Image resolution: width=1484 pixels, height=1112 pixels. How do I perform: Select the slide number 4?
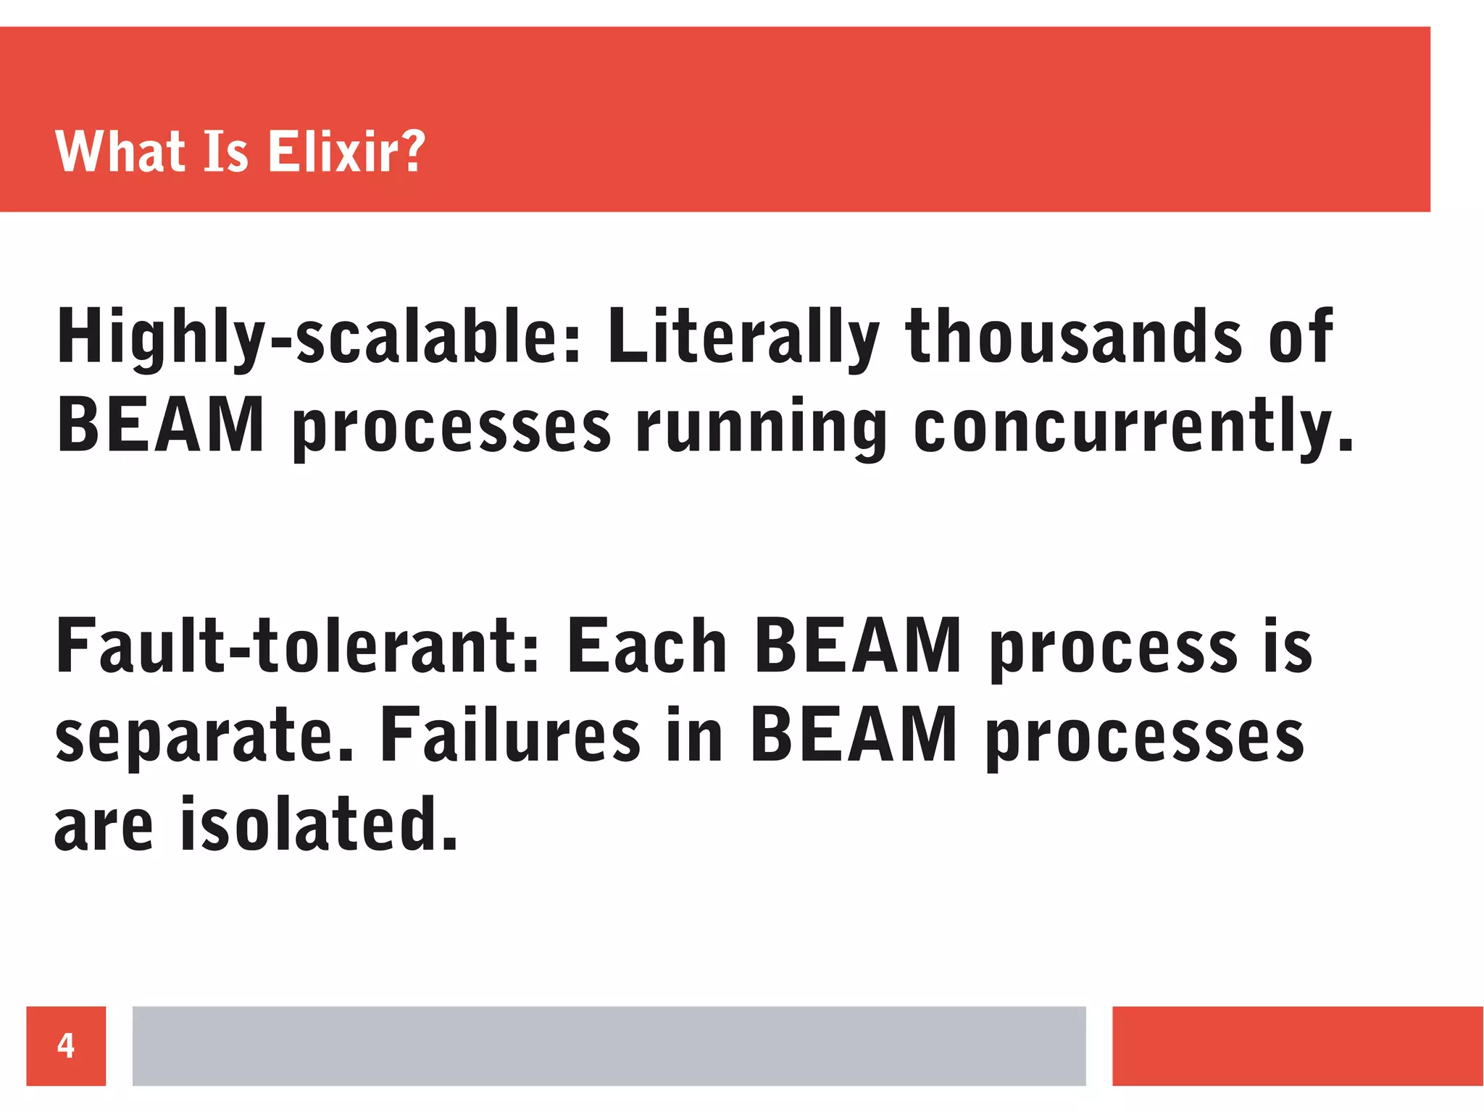(x=66, y=1045)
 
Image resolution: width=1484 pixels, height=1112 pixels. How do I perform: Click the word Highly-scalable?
(x=319, y=337)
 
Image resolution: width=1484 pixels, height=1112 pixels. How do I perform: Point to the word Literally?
(x=743, y=337)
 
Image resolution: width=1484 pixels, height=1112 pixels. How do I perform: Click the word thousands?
(x=1074, y=337)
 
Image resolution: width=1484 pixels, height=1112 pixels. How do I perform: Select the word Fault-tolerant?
(x=297, y=646)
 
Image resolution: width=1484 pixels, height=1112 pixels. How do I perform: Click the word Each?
(x=646, y=646)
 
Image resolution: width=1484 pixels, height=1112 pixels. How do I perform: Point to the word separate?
(x=204, y=737)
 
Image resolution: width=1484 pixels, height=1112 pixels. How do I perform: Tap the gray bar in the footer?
(x=609, y=1045)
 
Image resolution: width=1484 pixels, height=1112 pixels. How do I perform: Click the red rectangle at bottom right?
(x=1297, y=1045)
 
